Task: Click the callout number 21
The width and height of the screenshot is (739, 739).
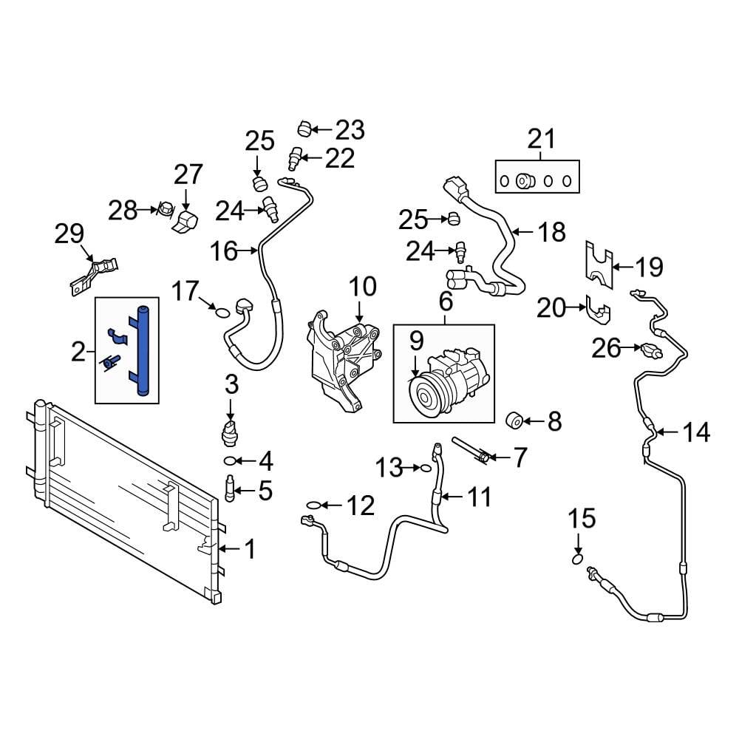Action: pyautogui.click(x=540, y=138)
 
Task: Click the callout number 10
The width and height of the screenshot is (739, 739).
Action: pyautogui.click(x=362, y=287)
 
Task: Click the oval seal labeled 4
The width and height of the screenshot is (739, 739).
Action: pyautogui.click(x=231, y=463)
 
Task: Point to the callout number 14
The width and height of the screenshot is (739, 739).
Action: pyautogui.click(x=695, y=432)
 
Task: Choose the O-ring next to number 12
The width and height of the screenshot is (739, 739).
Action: pyautogui.click(x=313, y=505)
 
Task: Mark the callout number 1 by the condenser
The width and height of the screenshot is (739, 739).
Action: pyautogui.click(x=250, y=549)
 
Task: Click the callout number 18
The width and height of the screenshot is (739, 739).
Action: pyautogui.click(x=551, y=232)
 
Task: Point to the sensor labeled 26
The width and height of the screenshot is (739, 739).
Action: pyautogui.click(x=650, y=348)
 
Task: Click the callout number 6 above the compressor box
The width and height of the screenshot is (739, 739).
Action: pyautogui.click(x=445, y=301)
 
